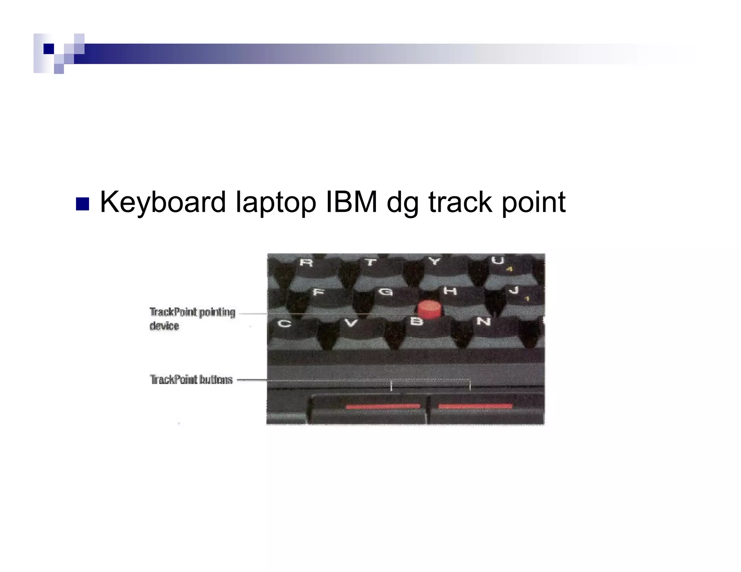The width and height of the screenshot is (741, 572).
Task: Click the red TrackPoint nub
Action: tap(430, 310)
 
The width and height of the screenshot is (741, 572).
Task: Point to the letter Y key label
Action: tap(435, 261)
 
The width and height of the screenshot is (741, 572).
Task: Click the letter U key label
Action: tap(499, 260)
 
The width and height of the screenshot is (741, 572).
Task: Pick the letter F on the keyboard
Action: tap(318, 292)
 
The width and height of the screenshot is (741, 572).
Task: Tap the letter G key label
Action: tap(385, 291)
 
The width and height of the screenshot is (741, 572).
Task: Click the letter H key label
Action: tap(450, 291)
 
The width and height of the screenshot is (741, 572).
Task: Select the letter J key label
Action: tap(514, 290)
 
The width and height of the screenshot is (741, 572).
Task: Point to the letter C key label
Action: tap(284, 323)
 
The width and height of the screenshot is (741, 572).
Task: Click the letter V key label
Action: tap(350, 323)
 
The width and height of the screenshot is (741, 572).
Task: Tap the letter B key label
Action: tap(416, 321)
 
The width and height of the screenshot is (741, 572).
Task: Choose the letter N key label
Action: tap(483, 321)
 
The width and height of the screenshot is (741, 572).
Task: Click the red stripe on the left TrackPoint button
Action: tap(383, 406)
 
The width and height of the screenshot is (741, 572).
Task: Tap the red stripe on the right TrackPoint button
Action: tap(475, 406)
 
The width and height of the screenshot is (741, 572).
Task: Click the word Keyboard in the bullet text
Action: tap(163, 202)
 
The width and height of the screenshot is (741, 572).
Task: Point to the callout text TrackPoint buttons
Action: tap(191, 380)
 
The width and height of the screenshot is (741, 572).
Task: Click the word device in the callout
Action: tap(164, 326)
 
